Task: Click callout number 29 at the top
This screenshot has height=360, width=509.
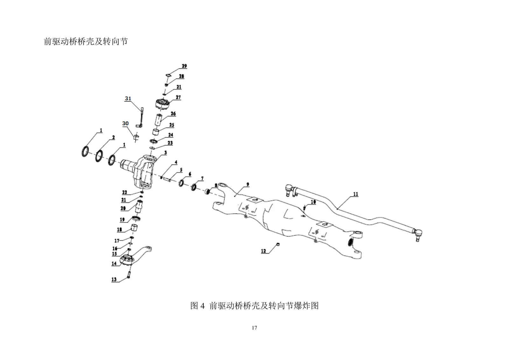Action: pyautogui.click(x=184, y=66)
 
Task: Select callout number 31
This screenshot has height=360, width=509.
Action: pyautogui.click(x=128, y=98)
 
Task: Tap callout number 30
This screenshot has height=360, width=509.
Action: pyautogui.click(x=125, y=124)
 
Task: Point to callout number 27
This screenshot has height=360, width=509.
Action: pyautogui.click(x=178, y=97)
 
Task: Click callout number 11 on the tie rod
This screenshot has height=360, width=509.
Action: pyautogui.click(x=356, y=194)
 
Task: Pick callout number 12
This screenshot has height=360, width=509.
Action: pyautogui.click(x=263, y=251)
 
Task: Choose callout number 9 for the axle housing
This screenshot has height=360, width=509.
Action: pyautogui.click(x=248, y=184)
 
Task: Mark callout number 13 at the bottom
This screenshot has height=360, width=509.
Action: pyautogui.click(x=114, y=279)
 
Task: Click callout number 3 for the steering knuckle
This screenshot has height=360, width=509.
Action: pyautogui.click(x=166, y=152)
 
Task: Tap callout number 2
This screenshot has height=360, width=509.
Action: pyautogui.click(x=113, y=138)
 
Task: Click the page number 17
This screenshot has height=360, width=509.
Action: pyautogui.click(x=254, y=328)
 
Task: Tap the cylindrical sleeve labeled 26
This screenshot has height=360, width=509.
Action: pyautogui.click(x=159, y=120)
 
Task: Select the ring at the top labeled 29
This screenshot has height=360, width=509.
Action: pyautogui.click(x=168, y=75)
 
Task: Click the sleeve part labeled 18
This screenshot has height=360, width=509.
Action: pyautogui.click(x=135, y=227)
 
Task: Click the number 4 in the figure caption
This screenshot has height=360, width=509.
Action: pyautogui.click(x=202, y=306)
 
